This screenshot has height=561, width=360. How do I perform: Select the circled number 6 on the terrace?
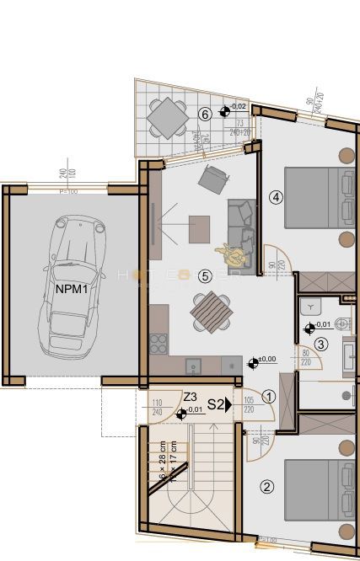point(204,114)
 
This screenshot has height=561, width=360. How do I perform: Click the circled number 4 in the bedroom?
point(275,197)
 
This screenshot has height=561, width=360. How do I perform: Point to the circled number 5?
point(203,275)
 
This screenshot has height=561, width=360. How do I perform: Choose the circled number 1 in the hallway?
point(269,395)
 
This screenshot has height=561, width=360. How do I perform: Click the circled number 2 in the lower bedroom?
point(266,486)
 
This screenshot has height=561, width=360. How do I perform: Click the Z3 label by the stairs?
point(190,396)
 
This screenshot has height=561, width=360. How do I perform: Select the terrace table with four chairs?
point(167,117)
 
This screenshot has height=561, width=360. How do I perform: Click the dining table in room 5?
point(211,313)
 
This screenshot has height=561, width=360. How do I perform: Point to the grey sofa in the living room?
point(242,223)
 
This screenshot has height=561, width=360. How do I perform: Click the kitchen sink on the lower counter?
point(193,366)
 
